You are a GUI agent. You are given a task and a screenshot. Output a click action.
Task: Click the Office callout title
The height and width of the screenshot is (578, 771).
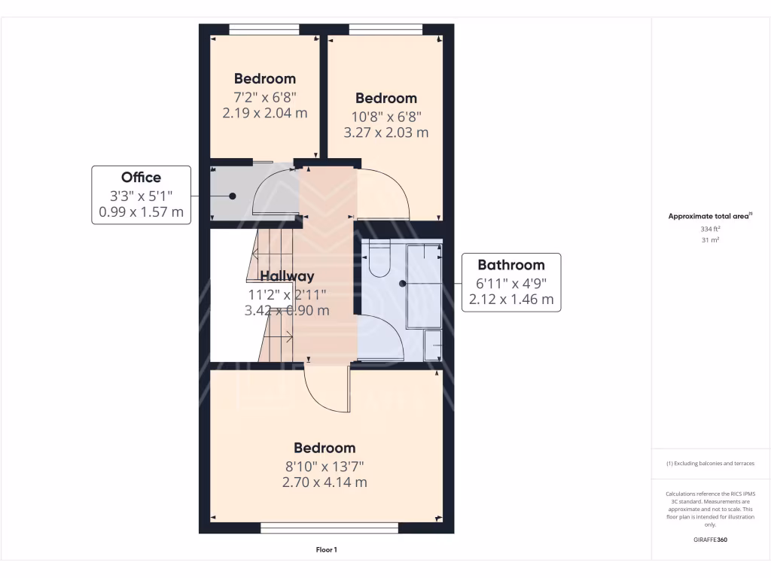pyautogui.click(x=142, y=178)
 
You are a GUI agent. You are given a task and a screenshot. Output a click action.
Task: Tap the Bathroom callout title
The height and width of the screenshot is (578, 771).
pyautogui.click(x=511, y=265)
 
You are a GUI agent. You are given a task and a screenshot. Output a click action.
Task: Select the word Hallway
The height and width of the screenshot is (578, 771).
pyautogui.click(x=287, y=276)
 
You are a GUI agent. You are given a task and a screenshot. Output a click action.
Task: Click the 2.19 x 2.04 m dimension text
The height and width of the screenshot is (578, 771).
pyautogui.click(x=265, y=113)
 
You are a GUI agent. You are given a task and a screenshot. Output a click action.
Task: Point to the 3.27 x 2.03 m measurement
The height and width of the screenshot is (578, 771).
pyautogui.click(x=386, y=132)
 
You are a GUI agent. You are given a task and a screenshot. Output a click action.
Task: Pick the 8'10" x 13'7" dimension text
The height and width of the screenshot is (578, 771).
pyautogui.click(x=325, y=466)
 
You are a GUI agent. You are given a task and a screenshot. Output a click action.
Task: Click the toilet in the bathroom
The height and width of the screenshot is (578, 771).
pyautogui.click(x=378, y=260)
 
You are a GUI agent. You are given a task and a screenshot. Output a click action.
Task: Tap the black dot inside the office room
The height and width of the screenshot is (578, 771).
pyautogui.click(x=232, y=196)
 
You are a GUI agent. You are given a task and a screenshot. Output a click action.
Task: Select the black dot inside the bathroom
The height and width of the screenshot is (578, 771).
pyautogui.click(x=403, y=284)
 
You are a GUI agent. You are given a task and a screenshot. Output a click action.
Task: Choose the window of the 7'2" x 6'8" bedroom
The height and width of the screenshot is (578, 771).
pyautogui.click(x=264, y=29)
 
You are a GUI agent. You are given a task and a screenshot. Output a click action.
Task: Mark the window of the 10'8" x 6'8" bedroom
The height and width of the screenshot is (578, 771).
pyautogui.click(x=385, y=29)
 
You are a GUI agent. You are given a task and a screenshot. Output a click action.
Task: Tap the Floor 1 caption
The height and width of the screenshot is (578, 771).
pyautogui.click(x=326, y=550)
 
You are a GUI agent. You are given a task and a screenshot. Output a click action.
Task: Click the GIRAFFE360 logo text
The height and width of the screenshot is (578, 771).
pyautogui.click(x=711, y=540)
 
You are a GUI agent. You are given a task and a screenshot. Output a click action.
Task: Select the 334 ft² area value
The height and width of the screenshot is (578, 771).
pyautogui.click(x=711, y=228)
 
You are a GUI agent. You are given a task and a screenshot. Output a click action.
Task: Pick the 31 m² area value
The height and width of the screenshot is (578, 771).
pyautogui.click(x=711, y=240)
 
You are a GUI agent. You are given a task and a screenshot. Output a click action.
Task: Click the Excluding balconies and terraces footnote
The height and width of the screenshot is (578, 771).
pyautogui.click(x=711, y=464)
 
